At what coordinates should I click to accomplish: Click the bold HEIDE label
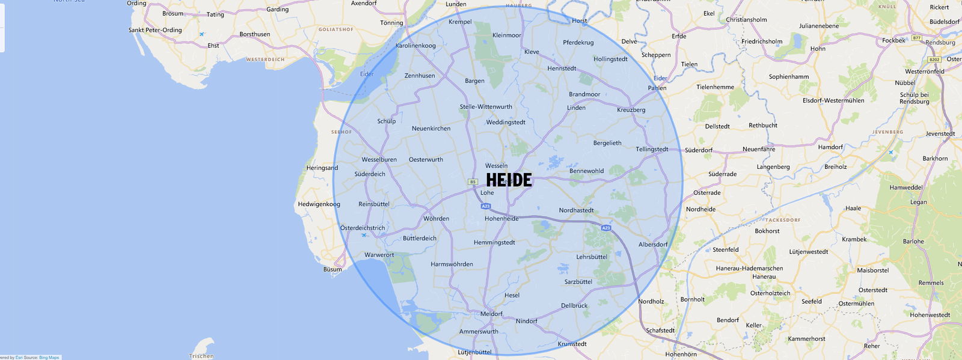[x=509, y=180]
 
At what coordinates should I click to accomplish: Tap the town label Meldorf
[x=491, y=314]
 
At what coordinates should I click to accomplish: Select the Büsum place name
[x=332, y=269]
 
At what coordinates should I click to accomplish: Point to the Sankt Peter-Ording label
[x=155, y=30]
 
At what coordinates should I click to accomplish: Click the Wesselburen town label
[x=379, y=160]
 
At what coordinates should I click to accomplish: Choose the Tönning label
[x=391, y=23]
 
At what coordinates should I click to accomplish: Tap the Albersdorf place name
[x=653, y=245]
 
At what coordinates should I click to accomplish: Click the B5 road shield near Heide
[x=473, y=182]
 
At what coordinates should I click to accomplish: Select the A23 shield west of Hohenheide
[x=486, y=206]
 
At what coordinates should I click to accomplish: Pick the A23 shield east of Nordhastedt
[x=606, y=228]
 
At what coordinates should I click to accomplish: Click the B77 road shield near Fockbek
[x=916, y=38]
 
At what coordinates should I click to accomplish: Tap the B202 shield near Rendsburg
[x=934, y=59]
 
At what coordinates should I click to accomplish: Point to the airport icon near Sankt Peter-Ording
[x=201, y=34]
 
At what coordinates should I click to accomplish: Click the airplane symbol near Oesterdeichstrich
[x=364, y=235]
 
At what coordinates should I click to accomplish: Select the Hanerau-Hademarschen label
[x=749, y=269]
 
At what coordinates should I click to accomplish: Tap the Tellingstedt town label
[x=652, y=149]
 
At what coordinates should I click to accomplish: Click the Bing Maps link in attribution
[x=49, y=358]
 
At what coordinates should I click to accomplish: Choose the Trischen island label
[x=201, y=356]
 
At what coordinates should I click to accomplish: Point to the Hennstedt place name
[x=562, y=69]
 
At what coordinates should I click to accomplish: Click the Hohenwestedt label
[x=930, y=315]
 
